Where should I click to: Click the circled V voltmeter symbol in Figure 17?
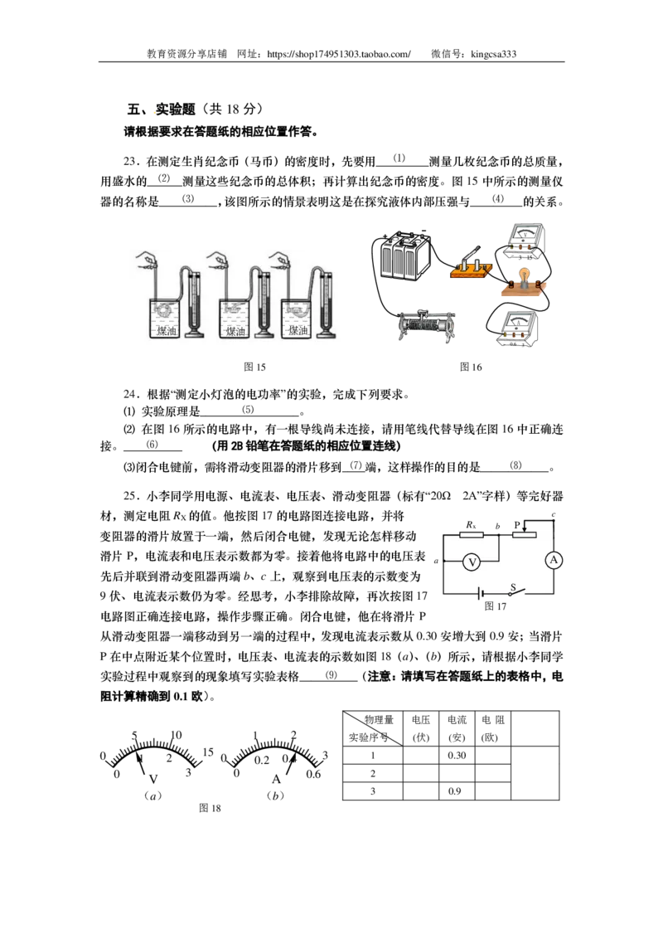point(472,562)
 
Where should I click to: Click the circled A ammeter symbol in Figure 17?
point(554,560)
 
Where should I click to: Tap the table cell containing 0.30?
point(457,755)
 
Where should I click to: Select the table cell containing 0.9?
point(457,791)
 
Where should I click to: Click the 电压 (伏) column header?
point(421,728)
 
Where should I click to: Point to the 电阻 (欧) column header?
point(492,728)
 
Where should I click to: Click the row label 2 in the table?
point(373,773)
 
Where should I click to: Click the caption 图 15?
point(254,367)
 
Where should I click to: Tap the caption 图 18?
point(210,808)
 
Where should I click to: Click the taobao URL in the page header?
point(339,54)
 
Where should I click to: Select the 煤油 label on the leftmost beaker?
point(167,330)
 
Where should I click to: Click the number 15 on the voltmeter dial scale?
point(208,752)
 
